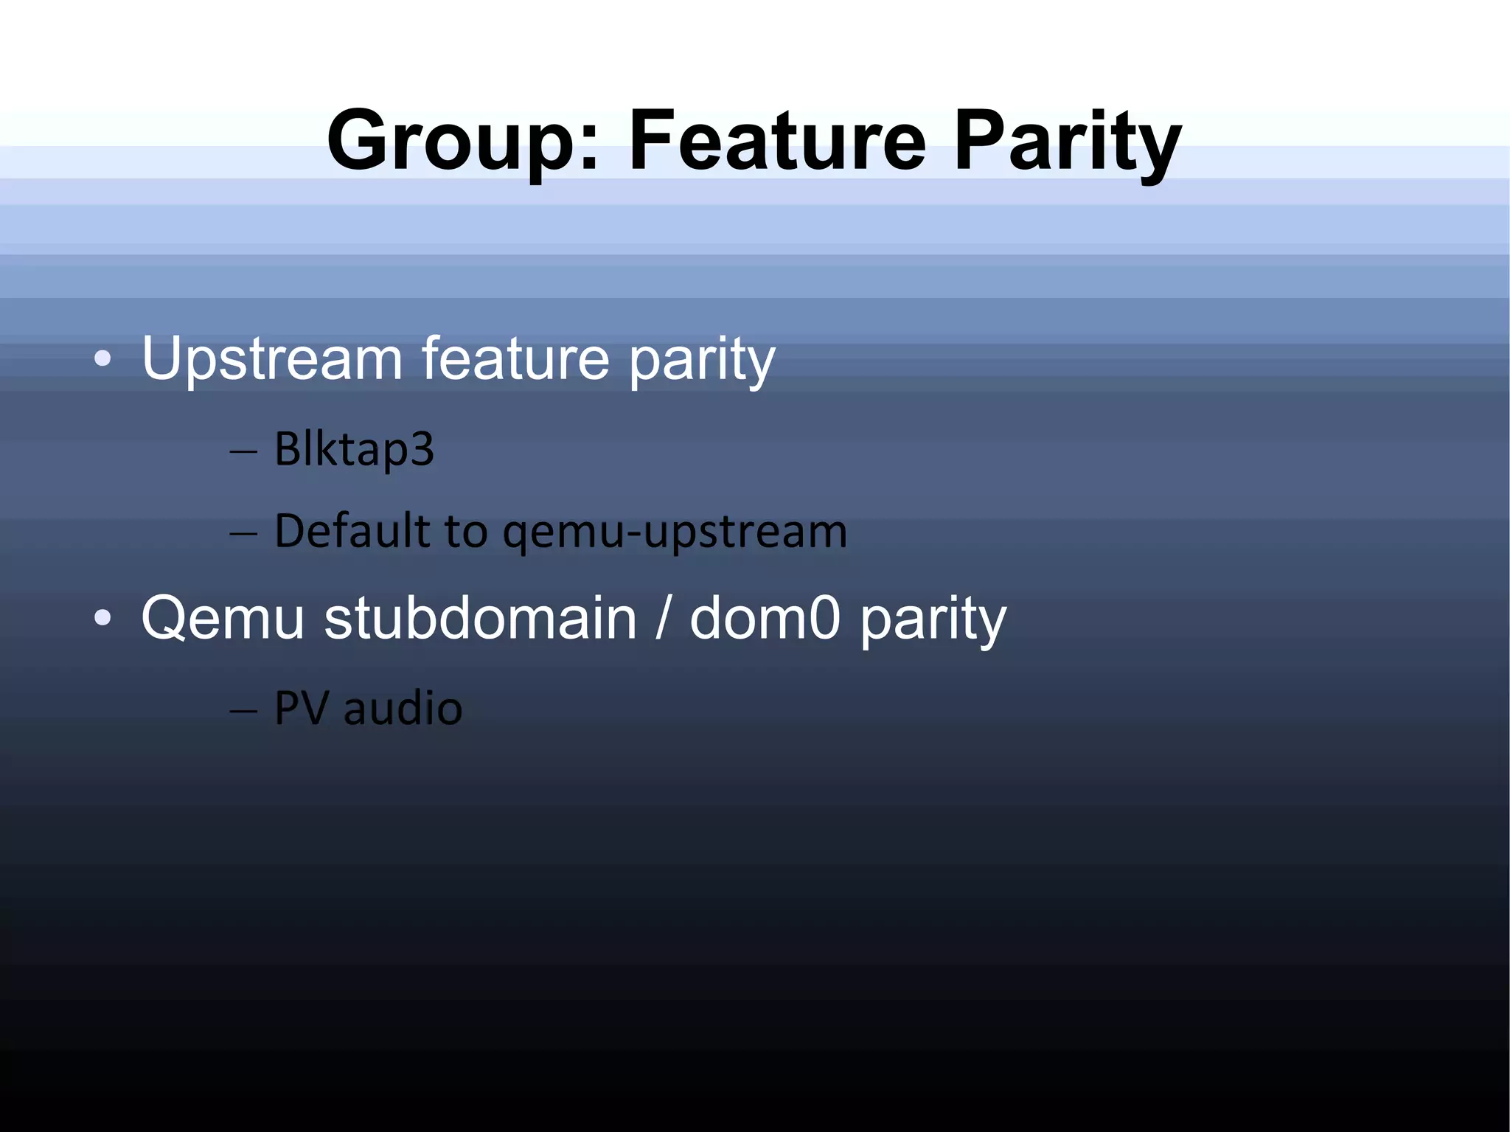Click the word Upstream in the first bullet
pyautogui.click(x=272, y=359)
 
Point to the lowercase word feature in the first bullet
pyautogui.click(x=515, y=359)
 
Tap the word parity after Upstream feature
pyautogui.click(x=701, y=361)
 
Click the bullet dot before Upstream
pyautogui.click(x=103, y=360)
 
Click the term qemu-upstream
pyautogui.click(x=675, y=532)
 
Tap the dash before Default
pyautogui.click(x=243, y=532)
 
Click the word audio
pyautogui.click(x=403, y=709)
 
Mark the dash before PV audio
pyautogui.click(x=243, y=710)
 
